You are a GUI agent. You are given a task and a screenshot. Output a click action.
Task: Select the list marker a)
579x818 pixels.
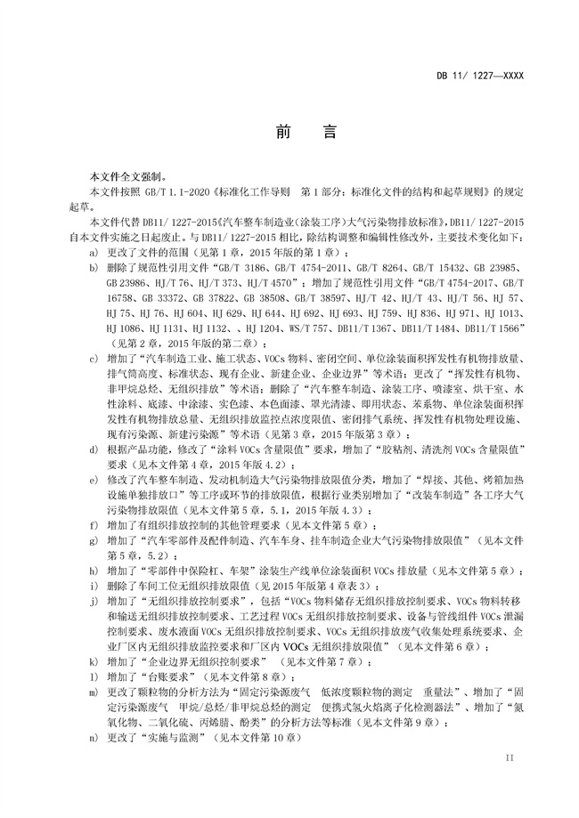pos(94,253)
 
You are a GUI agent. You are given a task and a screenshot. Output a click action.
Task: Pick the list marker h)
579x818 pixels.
pos(94,569)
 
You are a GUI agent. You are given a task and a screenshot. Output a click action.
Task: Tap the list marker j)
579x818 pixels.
pos(94,603)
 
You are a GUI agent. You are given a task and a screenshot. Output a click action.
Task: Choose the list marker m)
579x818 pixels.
pos(94,692)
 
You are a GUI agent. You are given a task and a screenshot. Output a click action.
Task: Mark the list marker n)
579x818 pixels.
pos(94,738)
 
